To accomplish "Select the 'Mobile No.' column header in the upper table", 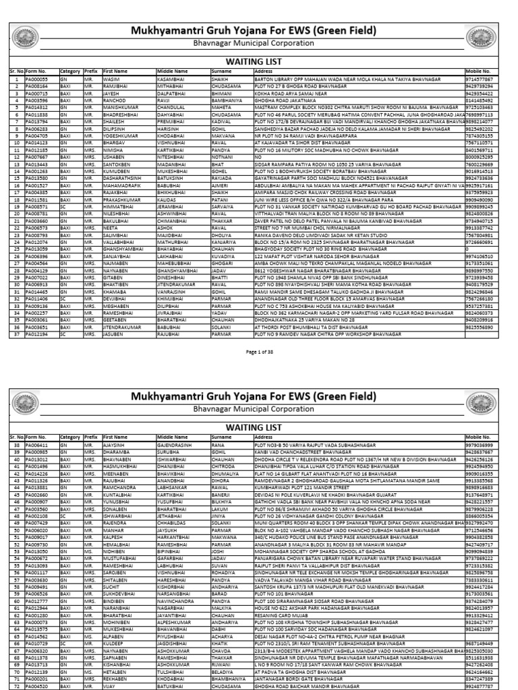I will click(x=478, y=69).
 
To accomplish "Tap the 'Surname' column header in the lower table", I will click(x=221, y=437).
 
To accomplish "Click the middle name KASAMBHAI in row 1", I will click(x=170, y=79).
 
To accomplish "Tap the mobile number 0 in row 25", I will click(x=467, y=249).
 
